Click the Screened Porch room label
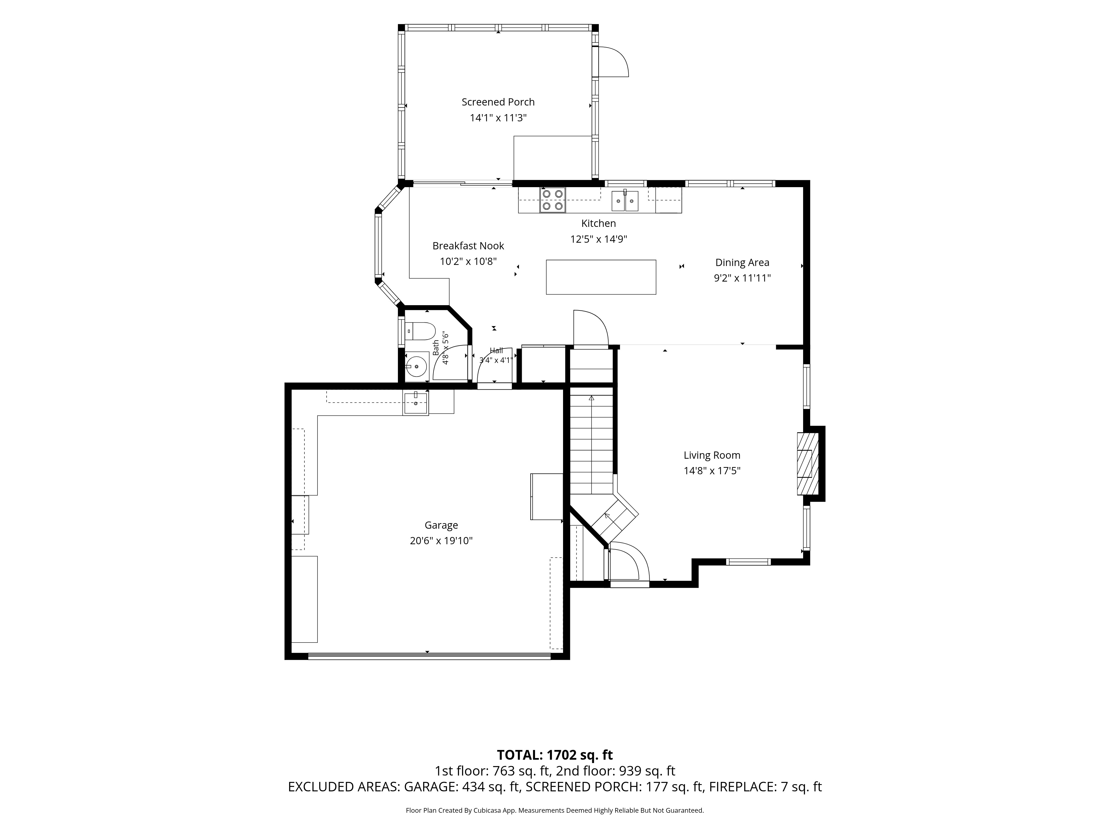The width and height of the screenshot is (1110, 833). click(x=498, y=102)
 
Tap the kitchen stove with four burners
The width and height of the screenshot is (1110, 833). click(x=553, y=200)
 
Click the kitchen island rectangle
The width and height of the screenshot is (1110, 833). click(x=601, y=277)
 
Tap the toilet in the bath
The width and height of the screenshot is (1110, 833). click(x=420, y=331)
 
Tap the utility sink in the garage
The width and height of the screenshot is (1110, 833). click(x=415, y=403)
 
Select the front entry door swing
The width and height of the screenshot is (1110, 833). click(x=630, y=564)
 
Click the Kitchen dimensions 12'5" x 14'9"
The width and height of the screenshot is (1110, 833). click(x=599, y=239)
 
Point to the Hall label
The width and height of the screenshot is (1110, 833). click(x=496, y=350)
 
